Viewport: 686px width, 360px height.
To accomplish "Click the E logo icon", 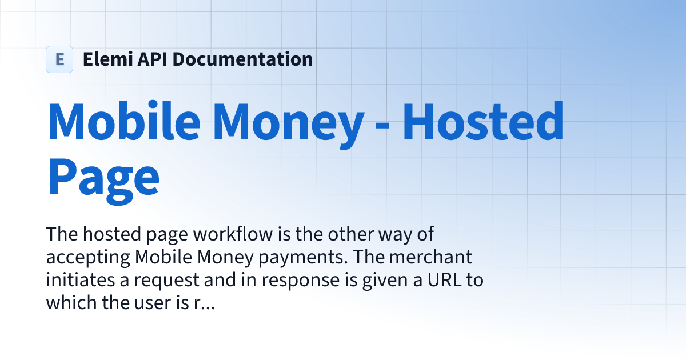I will pos(59,59).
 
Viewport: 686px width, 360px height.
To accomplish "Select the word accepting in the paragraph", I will pos(88,258).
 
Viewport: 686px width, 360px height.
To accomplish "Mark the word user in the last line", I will pos(157,303).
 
